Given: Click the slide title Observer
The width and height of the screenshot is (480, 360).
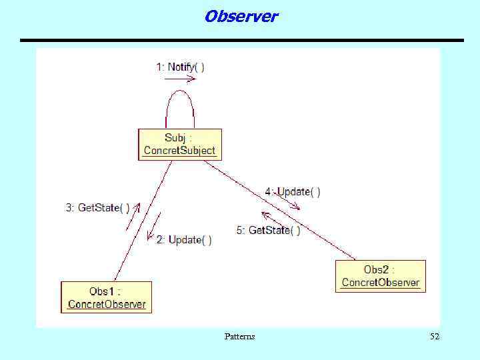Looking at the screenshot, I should [x=241, y=16].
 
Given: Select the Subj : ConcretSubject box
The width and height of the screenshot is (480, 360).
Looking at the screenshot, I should [x=180, y=145].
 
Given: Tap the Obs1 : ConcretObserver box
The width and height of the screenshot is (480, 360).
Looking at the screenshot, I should [x=107, y=297].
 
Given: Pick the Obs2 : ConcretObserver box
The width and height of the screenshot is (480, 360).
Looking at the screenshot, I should [x=380, y=276].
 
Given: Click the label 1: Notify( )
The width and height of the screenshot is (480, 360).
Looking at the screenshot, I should [x=180, y=67].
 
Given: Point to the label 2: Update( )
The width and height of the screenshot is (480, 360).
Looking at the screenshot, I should [x=184, y=240].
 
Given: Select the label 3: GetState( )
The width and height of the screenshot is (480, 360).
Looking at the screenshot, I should [x=97, y=208].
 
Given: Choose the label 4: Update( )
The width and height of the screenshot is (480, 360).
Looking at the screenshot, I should [x=293, y=191].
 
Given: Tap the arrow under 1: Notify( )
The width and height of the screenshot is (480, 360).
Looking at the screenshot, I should [x=180, y=79].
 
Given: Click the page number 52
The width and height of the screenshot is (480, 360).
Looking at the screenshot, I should [x=434, y=337].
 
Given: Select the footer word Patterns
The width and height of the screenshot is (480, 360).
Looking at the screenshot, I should [x=239, y=337].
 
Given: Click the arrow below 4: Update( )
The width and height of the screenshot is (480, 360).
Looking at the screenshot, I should [x=287, y=203].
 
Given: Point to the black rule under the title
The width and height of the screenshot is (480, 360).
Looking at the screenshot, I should [x=241, y=41].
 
